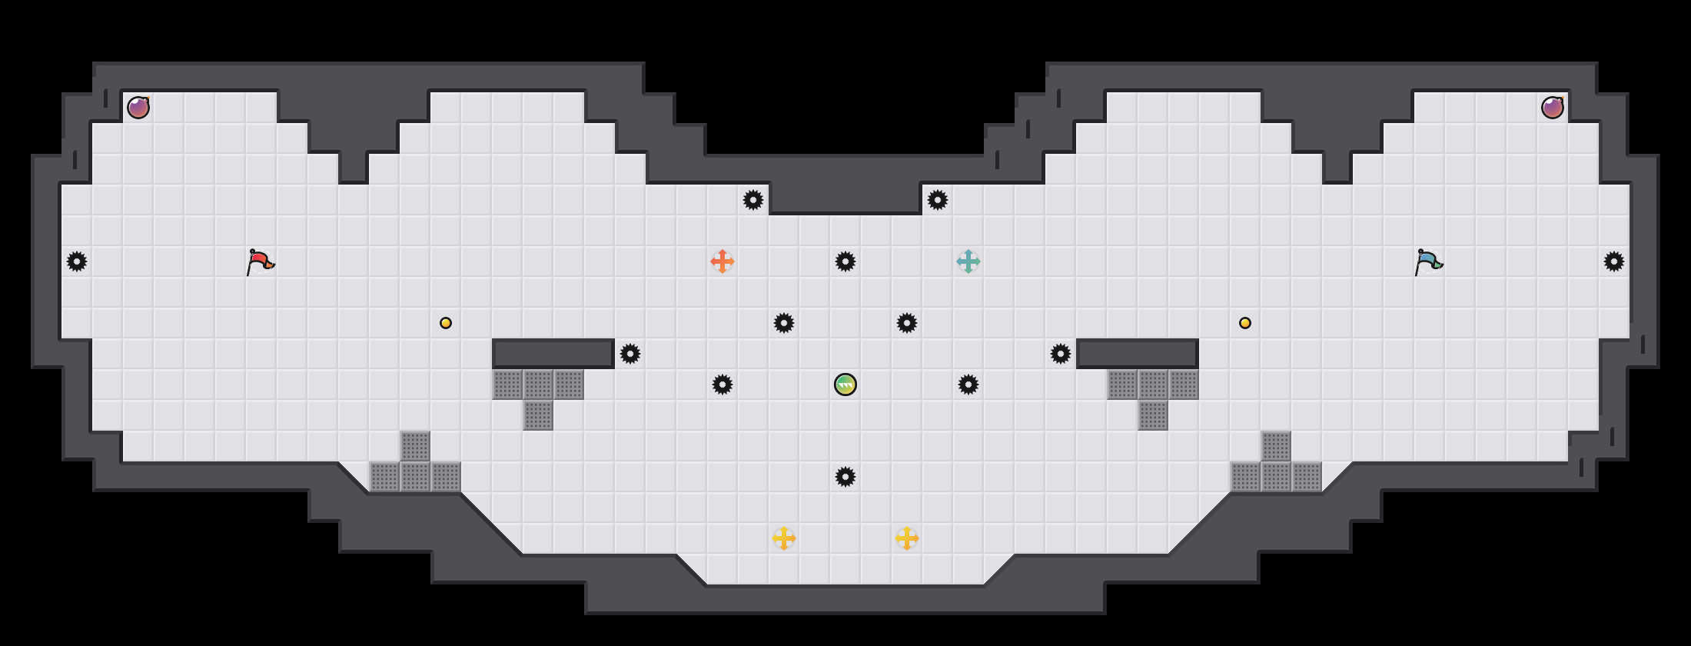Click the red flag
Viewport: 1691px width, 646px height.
click(x=260, y=261)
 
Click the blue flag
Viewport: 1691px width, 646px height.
click(x=1428, y=261)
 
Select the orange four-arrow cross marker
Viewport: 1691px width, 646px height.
click(x=723, y=261)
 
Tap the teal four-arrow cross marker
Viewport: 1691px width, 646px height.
click(x=968, y=261)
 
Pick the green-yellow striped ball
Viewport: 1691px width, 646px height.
click(x=845, y=385)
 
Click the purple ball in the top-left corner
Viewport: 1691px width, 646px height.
click(x=138, y=108)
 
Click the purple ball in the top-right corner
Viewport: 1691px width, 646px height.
click(x=1553, y=108)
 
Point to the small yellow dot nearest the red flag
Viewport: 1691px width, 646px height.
click(x=446, y=323)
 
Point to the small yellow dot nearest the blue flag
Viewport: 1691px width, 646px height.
click(x=1245, y=323)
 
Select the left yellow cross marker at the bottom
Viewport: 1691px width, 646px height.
click(x=784, y=538)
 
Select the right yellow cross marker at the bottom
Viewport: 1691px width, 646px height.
click(x=907, y=538)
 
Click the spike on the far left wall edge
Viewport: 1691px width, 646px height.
click(x=77, y=261)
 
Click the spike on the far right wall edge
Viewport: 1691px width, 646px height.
click(x=1614, y=261)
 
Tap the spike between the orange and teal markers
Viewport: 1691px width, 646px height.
click(x=845, y=261)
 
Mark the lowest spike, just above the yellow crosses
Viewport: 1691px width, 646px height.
click(x=845, y=477)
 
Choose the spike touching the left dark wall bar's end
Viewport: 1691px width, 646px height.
click(x=630, y=354)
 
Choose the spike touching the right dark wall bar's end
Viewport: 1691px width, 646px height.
click(x=1061, y=354)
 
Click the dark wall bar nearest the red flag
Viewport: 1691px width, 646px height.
click(x=553, y=354)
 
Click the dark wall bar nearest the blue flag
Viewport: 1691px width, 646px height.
click(x=1138, y=354)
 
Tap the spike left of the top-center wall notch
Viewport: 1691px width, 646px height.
click(x=753, y=200)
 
